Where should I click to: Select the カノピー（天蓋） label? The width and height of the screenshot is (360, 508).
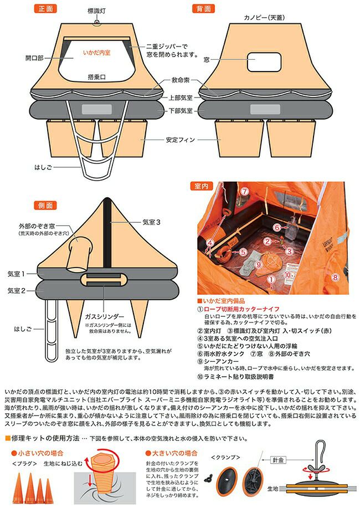pyautogui.click(x=262, y=17)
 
